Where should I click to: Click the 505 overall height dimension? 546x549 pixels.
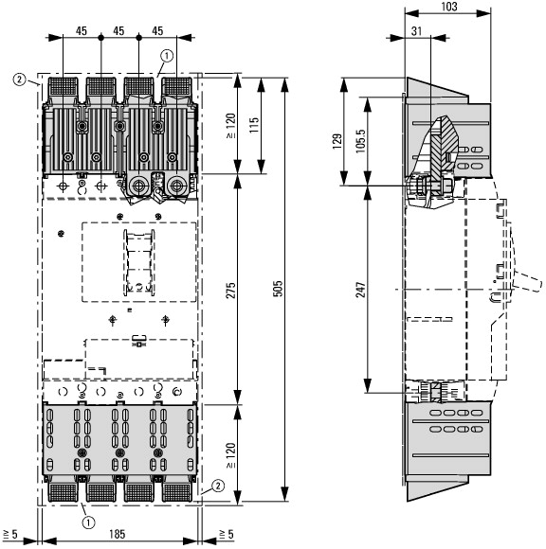tap(278, 289)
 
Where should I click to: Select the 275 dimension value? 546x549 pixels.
tap(230, 291)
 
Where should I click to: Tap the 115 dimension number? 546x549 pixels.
tap(254, 125)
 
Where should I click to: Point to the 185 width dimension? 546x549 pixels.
tap(117, 534)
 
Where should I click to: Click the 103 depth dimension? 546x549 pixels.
tap(449, 7)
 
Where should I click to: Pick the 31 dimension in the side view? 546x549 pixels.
tap(416, 31)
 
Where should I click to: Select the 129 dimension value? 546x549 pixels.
tap(337, 141)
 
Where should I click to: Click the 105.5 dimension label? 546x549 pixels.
tap(360, 141)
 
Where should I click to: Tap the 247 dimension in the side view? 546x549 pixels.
tap(361, 290)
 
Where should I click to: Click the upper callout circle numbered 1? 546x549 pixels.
tap(167, 56)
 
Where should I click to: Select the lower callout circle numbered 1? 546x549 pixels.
tap(88, 522)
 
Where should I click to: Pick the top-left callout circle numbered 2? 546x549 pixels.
tap(19, 80)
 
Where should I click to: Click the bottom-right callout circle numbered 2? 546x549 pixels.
tap(218, 486)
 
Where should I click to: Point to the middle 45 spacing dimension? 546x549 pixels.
tap(118, 31)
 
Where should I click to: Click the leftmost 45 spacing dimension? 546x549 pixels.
tap(82, 31)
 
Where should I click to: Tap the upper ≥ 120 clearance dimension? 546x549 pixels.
tap(230, 126)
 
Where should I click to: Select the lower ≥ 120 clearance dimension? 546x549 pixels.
tap(230, 455)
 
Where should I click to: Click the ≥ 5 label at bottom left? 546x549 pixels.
tap(10, 534)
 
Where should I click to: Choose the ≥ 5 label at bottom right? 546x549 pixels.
tap(227, 534)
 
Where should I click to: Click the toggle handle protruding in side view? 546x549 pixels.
tap(528, 281)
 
